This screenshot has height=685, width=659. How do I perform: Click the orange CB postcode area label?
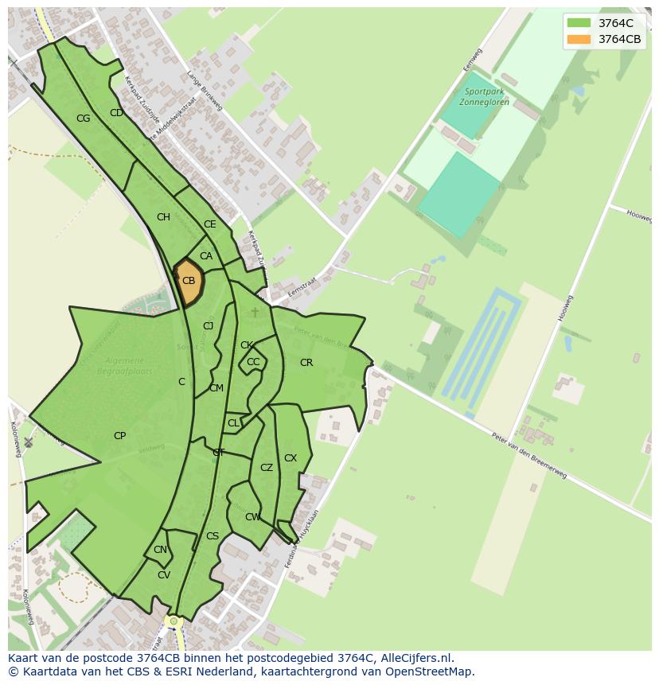click(189, 281)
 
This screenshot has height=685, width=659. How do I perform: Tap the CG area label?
click(83, 119)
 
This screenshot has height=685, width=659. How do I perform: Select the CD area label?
click(116, 113)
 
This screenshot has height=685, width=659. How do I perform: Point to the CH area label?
click(163, 217)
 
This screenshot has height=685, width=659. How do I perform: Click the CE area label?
click(210, 224)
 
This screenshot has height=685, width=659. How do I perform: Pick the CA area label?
click(206, 256)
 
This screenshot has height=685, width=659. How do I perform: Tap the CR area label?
click(306, 363)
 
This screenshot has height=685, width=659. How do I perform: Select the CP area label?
click(119, 436)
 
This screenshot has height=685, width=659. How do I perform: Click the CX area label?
click(291, 458)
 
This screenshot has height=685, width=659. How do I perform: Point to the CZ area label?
click(267, 468)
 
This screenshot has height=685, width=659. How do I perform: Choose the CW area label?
click(252, 517)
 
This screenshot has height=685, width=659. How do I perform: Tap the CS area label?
click(213, 536)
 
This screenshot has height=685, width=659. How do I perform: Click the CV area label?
click(164, 575)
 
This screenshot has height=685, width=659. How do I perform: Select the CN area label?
click(160, 550)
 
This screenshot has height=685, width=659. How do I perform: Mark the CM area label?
click(216, 388)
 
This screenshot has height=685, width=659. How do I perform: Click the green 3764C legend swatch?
click(579, 23)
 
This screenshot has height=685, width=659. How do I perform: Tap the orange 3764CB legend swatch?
click(579, 39)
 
